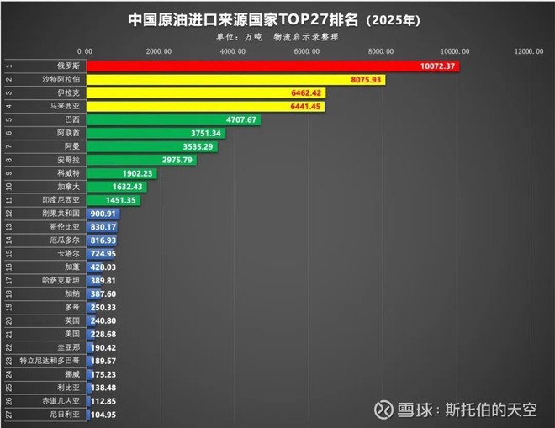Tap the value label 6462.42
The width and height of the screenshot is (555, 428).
point(305,92)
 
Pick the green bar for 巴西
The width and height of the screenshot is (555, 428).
point(173,119)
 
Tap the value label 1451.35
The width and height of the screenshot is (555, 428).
point(119,200)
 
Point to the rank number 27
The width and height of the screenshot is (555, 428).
point(8,414)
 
